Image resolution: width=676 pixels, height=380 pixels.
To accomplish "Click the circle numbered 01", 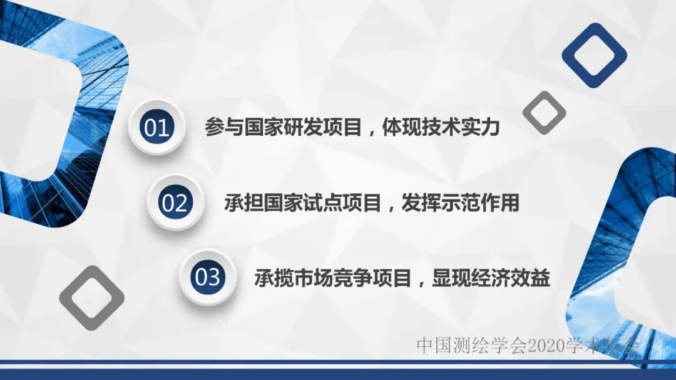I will (156, 128).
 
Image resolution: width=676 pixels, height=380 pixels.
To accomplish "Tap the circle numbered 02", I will (175, 203).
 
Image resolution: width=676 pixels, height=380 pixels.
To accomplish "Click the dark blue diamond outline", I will (594, 55).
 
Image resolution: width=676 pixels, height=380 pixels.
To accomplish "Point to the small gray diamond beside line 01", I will (544, 113).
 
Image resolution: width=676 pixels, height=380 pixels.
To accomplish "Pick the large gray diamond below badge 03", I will (91, 297).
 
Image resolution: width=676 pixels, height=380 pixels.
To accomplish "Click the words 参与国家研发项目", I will (283, 128).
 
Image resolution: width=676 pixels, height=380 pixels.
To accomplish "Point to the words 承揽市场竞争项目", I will (332, 277).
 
